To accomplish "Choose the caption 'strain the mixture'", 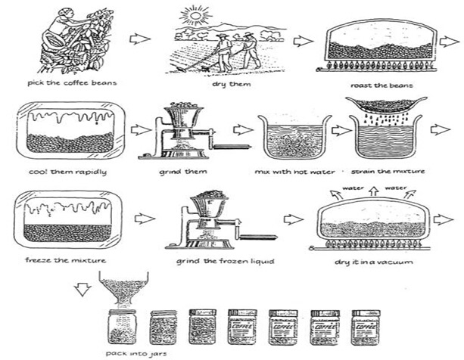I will pyautogui.click(x=383, y=172).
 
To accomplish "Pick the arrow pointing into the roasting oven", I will pyautogui.click(x=303, y=41).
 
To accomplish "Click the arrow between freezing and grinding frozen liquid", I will pyautogui.click(x=145, y=219).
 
